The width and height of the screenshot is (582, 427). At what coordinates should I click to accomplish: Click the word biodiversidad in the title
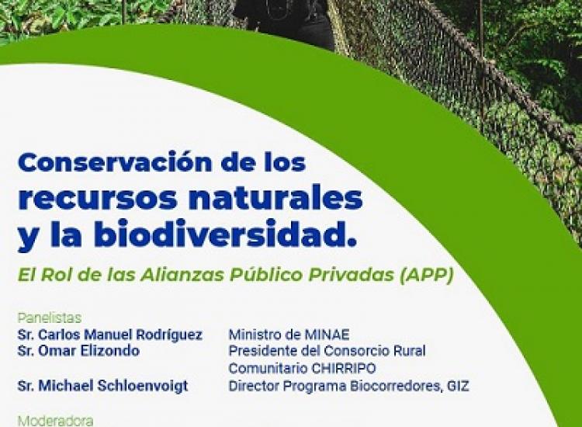[x=220, y=234]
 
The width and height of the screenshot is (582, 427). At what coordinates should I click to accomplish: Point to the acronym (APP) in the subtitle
[x=426, y=275]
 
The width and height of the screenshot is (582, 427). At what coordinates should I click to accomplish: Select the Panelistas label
[x=50, y=318]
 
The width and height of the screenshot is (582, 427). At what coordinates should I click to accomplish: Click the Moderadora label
[x=55, y=421]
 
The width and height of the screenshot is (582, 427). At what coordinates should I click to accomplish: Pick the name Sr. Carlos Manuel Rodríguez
[x=110, y=335]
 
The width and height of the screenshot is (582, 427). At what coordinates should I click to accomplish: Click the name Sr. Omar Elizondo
[x=78, y=351]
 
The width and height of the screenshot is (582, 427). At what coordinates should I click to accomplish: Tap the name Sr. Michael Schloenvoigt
[x=102, y=386]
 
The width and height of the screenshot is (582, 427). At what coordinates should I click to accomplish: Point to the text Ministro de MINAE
[x=289, y=335]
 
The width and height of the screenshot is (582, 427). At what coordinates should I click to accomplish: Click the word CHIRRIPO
[x=343, y=368]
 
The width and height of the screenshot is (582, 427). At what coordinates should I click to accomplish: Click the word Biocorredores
[x=396, y=386]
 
